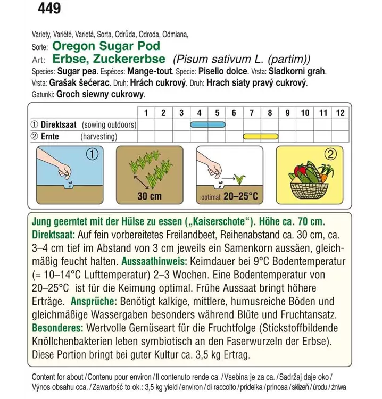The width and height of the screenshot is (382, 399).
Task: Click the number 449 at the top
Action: [x=49, y=9]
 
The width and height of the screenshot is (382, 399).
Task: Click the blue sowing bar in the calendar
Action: [x=207, y=124]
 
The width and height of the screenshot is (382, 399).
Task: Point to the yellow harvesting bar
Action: [x=261, y=136]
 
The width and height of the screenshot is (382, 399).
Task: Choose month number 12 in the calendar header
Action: [x=340, y=113]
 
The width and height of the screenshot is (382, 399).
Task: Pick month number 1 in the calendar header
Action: [x=146, y=113]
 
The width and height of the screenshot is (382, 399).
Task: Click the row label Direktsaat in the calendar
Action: [x=59, y=124]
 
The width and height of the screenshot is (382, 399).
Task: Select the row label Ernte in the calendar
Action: [x=49, y=136]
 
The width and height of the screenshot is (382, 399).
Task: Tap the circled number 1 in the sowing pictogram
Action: [x=93, y=155]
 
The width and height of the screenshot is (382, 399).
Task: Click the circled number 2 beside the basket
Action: [x=331, y=155]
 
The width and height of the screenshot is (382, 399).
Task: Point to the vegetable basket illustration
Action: [x=310, y=184]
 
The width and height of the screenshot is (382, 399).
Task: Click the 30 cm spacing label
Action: [x=149, y=196]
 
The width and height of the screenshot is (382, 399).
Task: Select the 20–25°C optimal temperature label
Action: [x=240, y=197]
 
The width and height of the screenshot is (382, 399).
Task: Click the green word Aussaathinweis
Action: [x=154, y=262]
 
